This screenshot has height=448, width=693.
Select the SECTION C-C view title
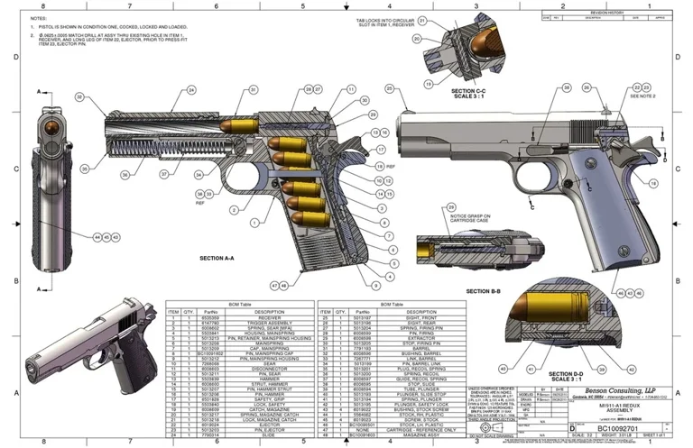point(468,93)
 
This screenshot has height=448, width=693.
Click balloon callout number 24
point(191,90)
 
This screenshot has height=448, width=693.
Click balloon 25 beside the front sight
point(390,88)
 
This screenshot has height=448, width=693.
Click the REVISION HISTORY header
point(614,13)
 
